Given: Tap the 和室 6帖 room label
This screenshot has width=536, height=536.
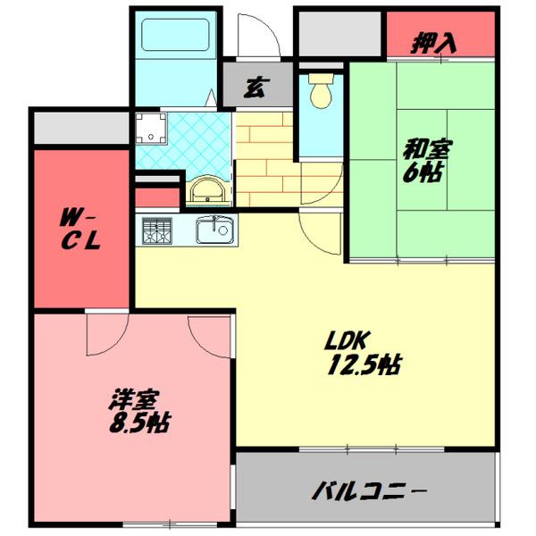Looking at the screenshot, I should pos(422,161).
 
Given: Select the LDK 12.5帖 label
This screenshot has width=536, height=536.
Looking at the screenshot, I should pos(362,353).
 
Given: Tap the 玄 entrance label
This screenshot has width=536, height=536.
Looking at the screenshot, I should pos(256,88).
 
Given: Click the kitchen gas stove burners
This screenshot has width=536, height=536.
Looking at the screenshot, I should pos(157,231).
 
